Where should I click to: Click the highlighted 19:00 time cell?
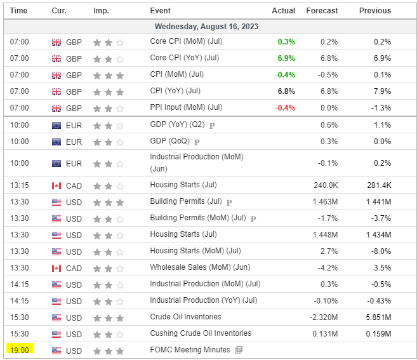(19, 350)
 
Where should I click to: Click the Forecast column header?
(322, 11)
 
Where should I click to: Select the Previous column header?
(375, 11)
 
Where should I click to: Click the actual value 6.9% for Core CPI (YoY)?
(286, 58)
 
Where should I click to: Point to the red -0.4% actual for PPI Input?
(285, 108)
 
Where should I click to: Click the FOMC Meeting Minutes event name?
(190, 350)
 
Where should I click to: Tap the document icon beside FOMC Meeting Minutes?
(239, 350)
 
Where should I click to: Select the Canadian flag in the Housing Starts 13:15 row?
(56, 185)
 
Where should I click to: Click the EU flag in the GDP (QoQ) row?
(56, 142)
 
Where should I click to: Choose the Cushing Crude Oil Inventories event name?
(201, 333)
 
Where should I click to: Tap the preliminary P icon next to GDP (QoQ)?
(197, 142)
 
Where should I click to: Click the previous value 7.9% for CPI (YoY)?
(383, 91)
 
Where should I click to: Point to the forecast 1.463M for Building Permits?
(324, 202)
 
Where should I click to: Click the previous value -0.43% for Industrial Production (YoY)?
(380, 301)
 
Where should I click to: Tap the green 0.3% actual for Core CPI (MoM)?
(286, 42)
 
